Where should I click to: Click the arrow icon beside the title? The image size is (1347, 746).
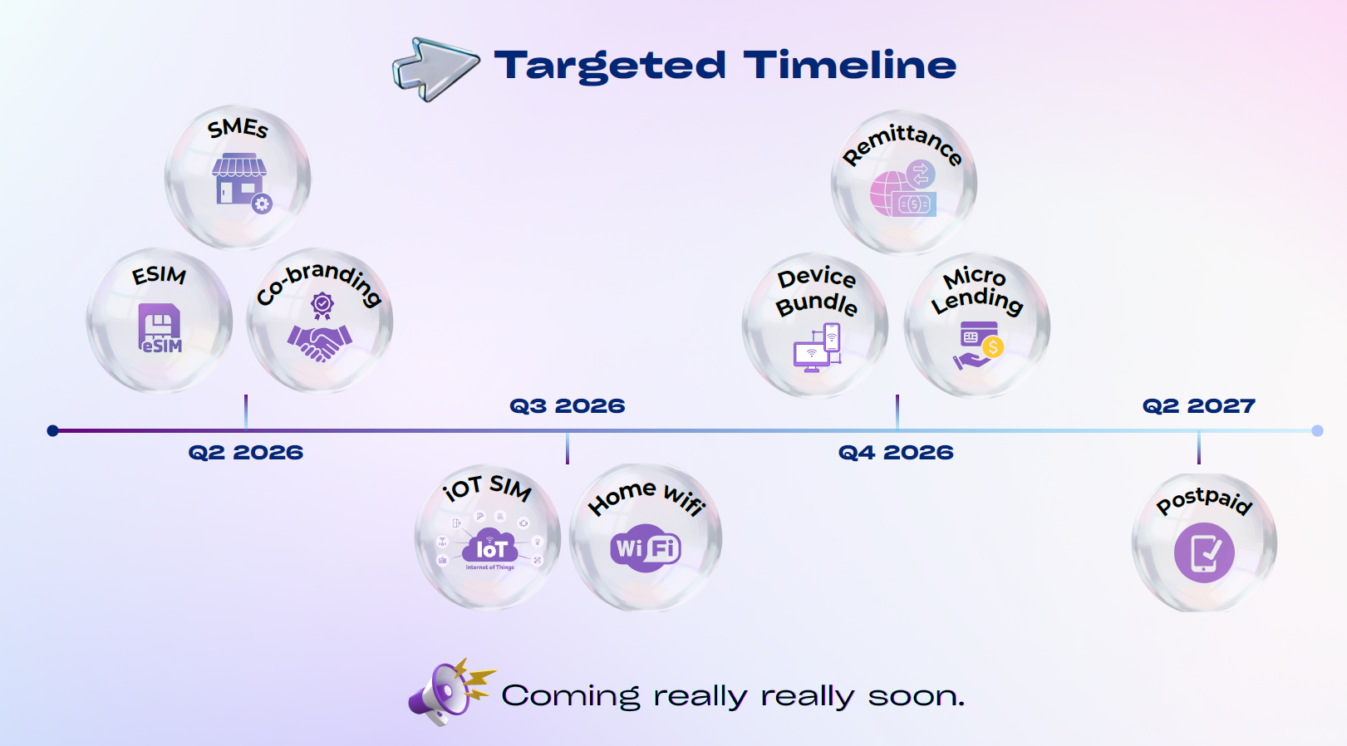[x=435, y=68]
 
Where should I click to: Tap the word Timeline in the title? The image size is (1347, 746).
[x=850, y=65]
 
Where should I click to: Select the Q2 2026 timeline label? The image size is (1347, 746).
[x=245, y=452]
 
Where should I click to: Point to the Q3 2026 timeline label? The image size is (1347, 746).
[x=567, y=405]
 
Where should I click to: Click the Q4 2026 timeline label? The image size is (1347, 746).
[x=896, y=452]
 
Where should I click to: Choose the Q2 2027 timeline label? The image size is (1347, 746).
[x=1199, y=405]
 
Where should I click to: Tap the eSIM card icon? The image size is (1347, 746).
[x=160, y=327]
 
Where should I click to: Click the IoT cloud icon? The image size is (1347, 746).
[x=489, y=545]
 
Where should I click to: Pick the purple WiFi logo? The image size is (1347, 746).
[x=645, y=547]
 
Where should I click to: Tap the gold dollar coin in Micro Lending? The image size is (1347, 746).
[x=993, y=347]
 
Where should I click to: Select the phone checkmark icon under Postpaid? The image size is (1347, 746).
[x=1204, y=552]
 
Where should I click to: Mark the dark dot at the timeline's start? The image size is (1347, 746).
[x=53, y=430]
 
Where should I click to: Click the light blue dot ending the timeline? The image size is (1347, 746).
[x=1317, y=430]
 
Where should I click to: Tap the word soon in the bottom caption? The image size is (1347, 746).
[x=916, y=697]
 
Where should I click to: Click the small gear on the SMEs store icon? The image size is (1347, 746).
[x=262, y=204]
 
